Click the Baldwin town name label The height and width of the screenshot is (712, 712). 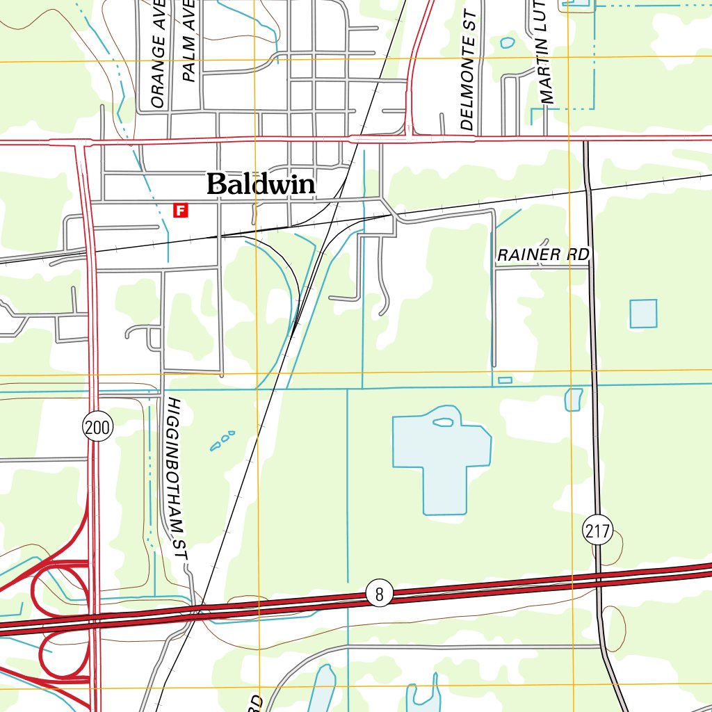[x=261, y=184]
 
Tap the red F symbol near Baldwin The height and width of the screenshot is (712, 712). [x=181, y=210]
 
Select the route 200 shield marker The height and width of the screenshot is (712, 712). [x=97, y=427]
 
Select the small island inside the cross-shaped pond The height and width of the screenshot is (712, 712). [x=443, y=421]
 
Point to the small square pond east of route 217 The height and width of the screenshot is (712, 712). [x=643, y=314]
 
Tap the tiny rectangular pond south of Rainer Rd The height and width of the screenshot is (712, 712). [x=505, y=380]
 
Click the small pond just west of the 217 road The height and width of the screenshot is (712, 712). [x=574, y=399]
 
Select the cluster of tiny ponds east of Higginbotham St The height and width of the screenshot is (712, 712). [x=222, y=440]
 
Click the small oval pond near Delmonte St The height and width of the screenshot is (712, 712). [x=508, y=43]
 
